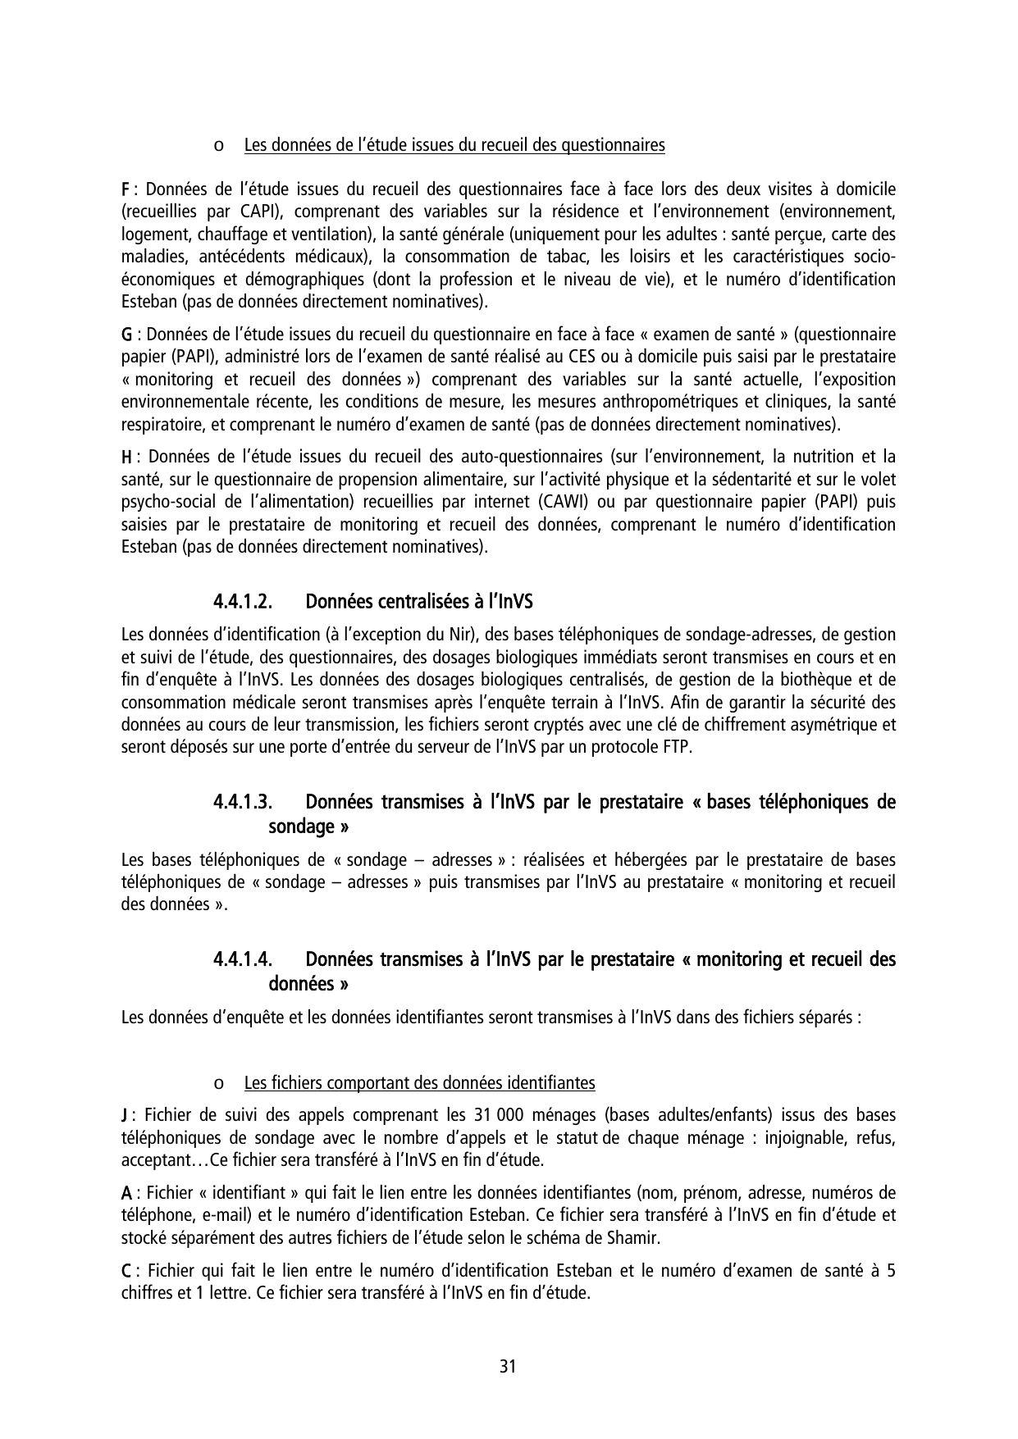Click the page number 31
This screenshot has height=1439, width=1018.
(x=508, y=1366)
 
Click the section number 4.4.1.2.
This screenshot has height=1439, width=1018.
(x=242, y=602)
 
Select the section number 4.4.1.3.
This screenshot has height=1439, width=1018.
(x=242, y=801)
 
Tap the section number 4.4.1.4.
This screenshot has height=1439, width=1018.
(x=242, y=959)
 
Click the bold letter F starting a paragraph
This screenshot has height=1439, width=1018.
(x=126, y=189)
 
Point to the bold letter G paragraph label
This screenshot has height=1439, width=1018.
(x=127, y=335)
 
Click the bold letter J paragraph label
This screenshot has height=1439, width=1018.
(x=124, y=1115)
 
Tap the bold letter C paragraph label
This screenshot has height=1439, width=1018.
(x=126, y=1272)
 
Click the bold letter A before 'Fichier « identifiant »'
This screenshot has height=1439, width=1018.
(x=126, y=1192)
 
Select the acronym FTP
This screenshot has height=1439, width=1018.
(x=678, y=748)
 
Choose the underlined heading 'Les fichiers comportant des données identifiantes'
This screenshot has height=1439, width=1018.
(x=419, y=1083)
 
